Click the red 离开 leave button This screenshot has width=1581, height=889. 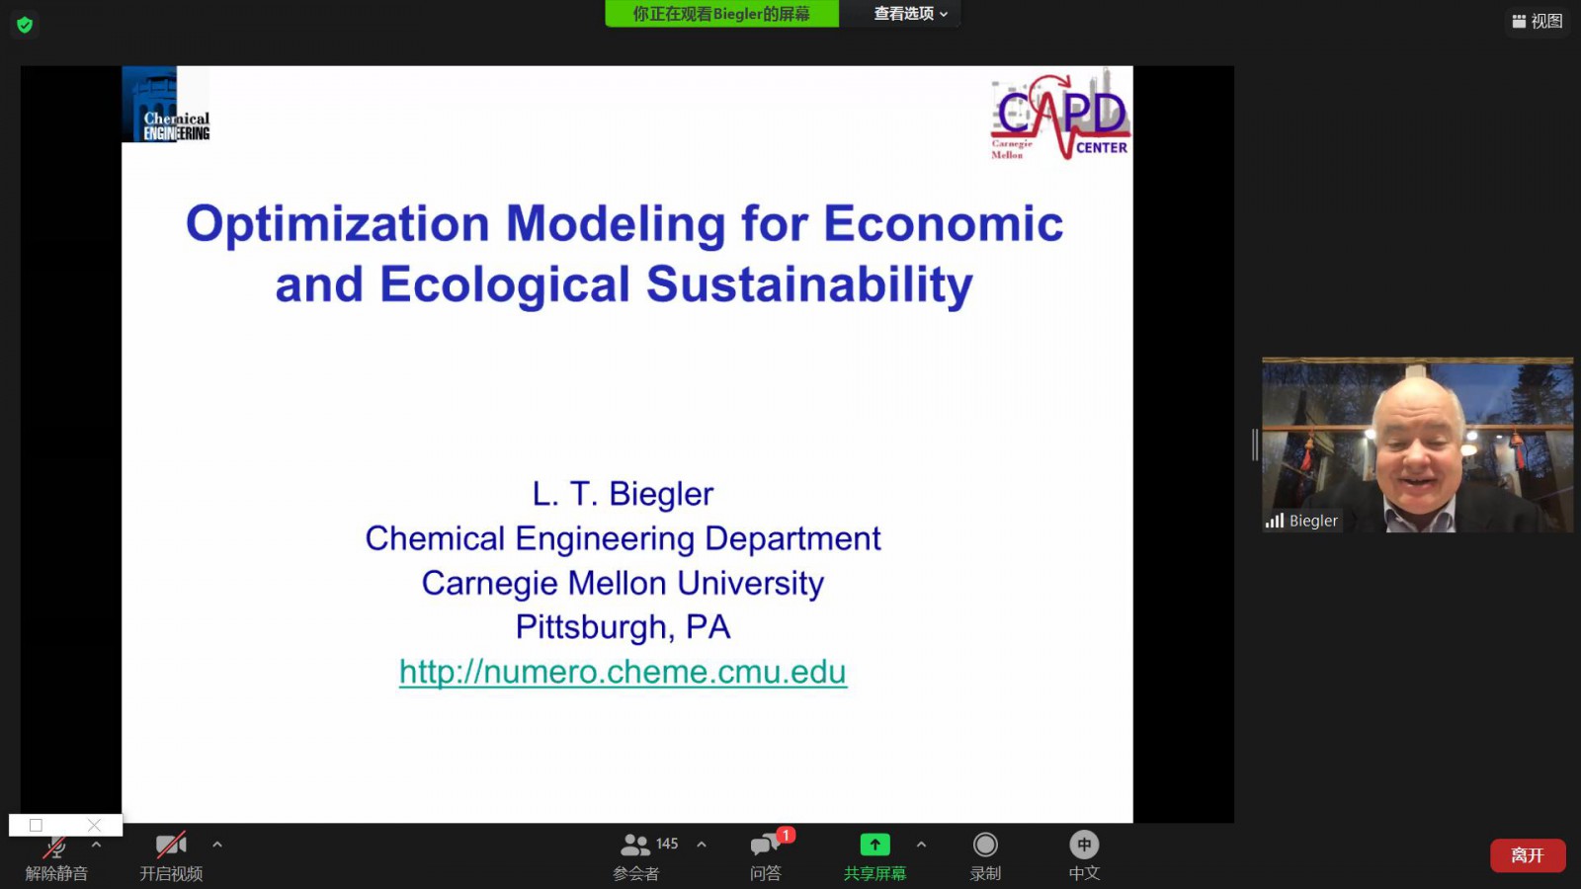coord(1528,855)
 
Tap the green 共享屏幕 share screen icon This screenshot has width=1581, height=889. coord(874,844)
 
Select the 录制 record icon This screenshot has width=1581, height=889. coord(984,845)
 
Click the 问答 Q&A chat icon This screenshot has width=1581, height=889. coord(765,845)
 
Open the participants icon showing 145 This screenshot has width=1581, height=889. coord(634,845)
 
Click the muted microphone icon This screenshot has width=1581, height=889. coord(55,846)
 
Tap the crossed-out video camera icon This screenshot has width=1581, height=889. coord(171,845)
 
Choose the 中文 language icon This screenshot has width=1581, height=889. coord(1083,845)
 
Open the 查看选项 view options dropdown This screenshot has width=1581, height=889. coord(910,14)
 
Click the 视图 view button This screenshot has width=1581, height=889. coord(1538,21)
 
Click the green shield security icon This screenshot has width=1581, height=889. coord(25,26)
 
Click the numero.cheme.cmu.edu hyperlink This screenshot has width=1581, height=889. coord(623,671)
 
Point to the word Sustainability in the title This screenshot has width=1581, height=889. coord(809,283)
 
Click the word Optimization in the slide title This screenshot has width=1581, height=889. coord(337,223)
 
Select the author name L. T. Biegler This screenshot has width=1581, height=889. coord(623,493)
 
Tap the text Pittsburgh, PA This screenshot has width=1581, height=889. coord(623,626)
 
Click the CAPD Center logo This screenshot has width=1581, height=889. coord(1061,115)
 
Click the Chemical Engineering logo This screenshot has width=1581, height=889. coord(166,105)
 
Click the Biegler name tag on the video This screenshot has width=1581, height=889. coord(1302,521)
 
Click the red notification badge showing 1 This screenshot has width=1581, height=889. coord(786,835)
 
